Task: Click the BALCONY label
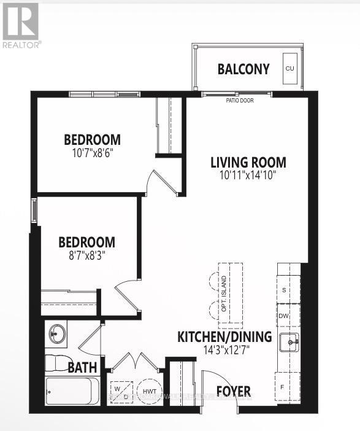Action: point(243,69)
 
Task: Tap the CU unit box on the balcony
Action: point(289,69)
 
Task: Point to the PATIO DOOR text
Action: point(239,101)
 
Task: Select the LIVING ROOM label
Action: point(248,163)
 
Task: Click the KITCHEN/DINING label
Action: point(224,336)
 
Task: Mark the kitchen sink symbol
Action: point(289,342)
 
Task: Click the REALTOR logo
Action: point(21,25)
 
